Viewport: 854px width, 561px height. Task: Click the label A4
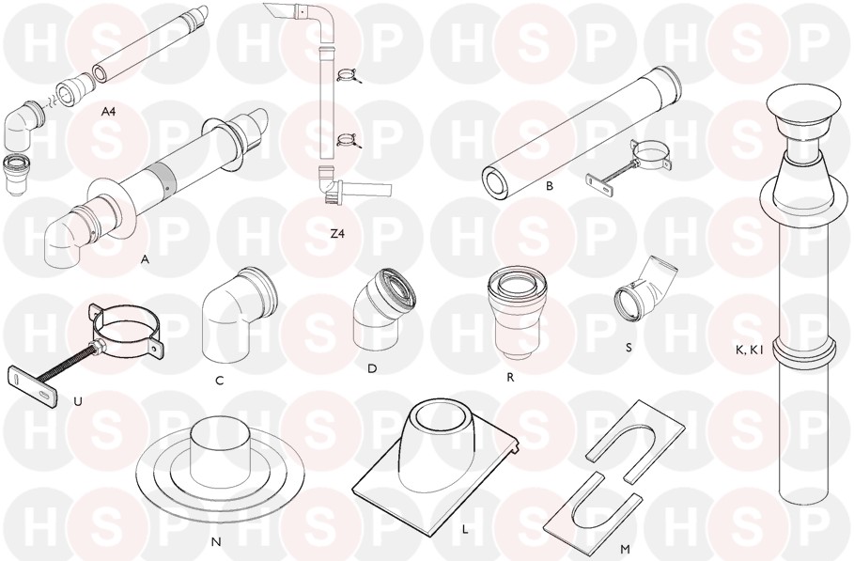pyautogui.click(x=110, y=112)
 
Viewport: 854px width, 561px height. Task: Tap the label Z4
pyautogui.click(x=337, y=234)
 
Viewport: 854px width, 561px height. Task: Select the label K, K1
pyautogui.click(x=749, y=351)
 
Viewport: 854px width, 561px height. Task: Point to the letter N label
pyautogui.click(x=216, y=541)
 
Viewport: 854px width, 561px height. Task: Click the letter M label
pyautogui.click(x=625, y=550)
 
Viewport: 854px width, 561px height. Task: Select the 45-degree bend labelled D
pyautogui.click(x=384, y=311)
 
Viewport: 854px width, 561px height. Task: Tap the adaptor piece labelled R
pyautogui.click(x=512, y=314)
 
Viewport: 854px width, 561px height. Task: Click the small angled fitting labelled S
pyautogui.click(x=644, y=291)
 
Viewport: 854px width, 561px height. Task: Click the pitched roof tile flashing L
pyautogui.click(x=436, y=467)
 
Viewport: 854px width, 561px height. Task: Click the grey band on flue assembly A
pyautogui.click(x=162, y=174)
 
